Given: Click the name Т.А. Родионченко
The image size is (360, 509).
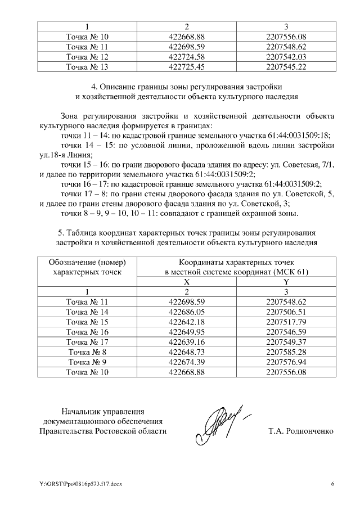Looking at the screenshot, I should click(301, 431).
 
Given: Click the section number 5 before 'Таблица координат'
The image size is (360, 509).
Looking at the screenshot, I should click(61, 232).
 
